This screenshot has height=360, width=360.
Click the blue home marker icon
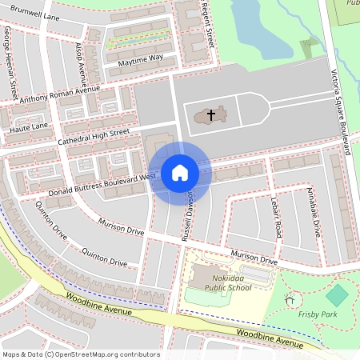click(179, 173)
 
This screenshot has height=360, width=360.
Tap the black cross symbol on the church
click(211, 115)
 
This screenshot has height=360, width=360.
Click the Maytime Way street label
click(140, 58)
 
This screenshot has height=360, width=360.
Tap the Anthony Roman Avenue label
click(60, 94)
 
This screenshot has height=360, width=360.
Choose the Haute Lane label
click(30, 126)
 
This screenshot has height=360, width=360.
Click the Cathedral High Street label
click(93, 137)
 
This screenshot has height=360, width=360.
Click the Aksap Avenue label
click(83, 61)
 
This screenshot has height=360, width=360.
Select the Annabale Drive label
click(313, 211)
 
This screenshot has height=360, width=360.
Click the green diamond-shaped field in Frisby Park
click(338, 295)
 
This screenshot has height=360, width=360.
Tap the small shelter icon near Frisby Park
click(290, 301)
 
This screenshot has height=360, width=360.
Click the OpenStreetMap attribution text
click(80, 354)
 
